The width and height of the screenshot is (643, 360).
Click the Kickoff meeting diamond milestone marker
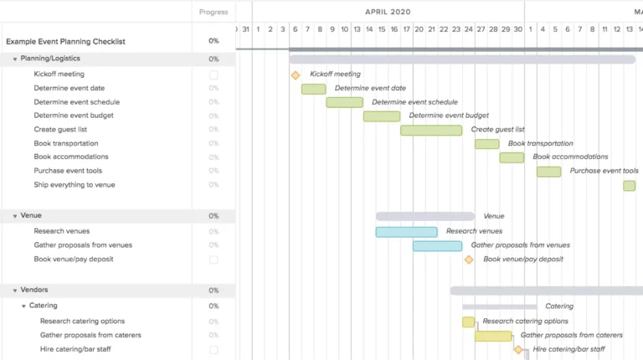[x=296, y=75]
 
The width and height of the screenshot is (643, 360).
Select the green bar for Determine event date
[x=314, y=89]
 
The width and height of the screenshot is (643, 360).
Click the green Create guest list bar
[x=431, y=130]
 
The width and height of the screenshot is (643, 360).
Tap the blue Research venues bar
[x=406, y=232]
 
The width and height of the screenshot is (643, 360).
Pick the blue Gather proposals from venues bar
[x=437, y=246]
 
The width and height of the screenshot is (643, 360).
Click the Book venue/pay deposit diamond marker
[x=469, y=260]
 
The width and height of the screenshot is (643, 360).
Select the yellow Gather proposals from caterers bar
[x=493, y=336]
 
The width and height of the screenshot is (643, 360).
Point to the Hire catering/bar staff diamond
[x=518, y=350]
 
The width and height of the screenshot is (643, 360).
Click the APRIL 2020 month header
[x=388, y=12]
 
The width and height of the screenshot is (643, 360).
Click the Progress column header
[x=213, y=12]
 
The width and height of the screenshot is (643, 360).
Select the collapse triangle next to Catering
[x=23, y=306]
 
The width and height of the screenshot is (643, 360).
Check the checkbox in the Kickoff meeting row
[x=213, y=75]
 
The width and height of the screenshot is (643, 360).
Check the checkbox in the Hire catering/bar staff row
[x=213, y=350]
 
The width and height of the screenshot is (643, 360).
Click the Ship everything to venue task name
[x=75, y=185]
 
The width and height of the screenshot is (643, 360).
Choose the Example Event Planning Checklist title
[x=65, y=41]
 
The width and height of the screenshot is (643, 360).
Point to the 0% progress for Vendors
[x=213, y=291]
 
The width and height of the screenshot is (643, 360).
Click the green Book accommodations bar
[x=512, y=157]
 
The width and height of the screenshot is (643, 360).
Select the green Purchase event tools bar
[x=548, y=172]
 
